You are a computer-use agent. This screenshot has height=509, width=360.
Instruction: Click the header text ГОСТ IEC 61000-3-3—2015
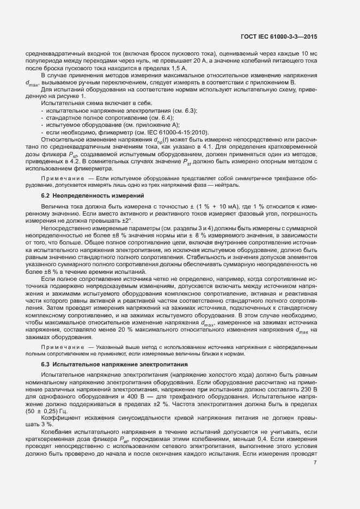pos(279,36)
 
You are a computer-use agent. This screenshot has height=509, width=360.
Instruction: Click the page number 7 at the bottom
pos(315,462)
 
